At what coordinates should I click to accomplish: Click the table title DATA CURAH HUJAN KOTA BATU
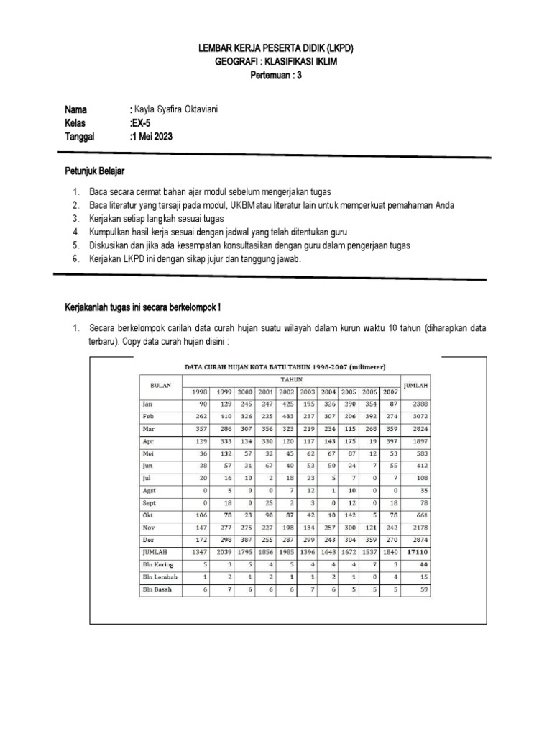285,366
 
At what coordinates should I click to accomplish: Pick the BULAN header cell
161,385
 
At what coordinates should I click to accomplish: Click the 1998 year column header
198,392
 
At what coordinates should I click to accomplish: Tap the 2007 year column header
391,392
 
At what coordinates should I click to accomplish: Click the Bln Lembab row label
159,577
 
